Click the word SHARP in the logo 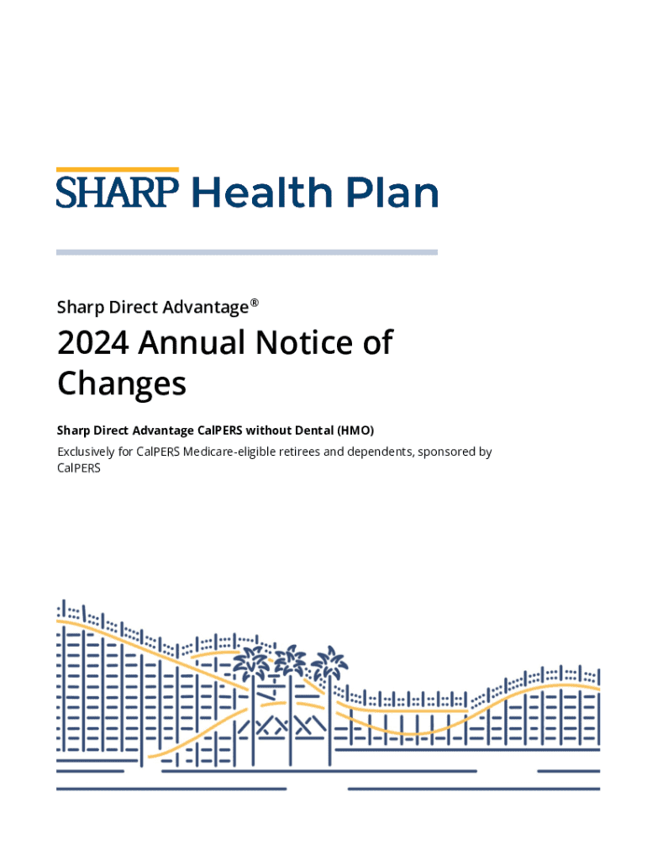(118, 193)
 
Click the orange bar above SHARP (118, 170)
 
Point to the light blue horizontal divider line (246, 251)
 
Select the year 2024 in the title (92, 343)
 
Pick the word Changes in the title (121, 384)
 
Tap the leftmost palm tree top (251, 663)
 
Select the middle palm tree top (291, 660)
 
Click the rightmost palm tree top (329, 663)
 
